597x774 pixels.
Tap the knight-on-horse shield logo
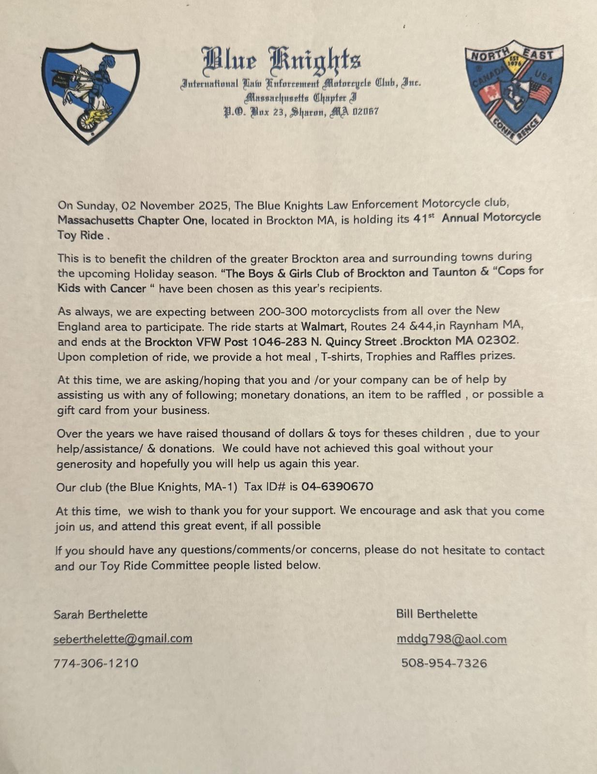click(90, 93)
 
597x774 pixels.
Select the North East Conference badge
click(513, 91)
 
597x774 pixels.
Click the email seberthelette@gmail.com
click(123, 639)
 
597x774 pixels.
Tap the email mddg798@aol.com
click(451, 639)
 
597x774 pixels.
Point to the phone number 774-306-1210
click(96, 663)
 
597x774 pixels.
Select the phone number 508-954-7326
click(444, 663)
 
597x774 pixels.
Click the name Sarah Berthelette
click(101, 614)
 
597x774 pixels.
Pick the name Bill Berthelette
click(436, 614)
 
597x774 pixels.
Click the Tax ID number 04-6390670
click(337, 486)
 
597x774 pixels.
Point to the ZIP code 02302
click(497, 340)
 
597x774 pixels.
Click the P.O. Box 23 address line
click(300, 112)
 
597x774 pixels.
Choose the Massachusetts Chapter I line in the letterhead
click(300, 98)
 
